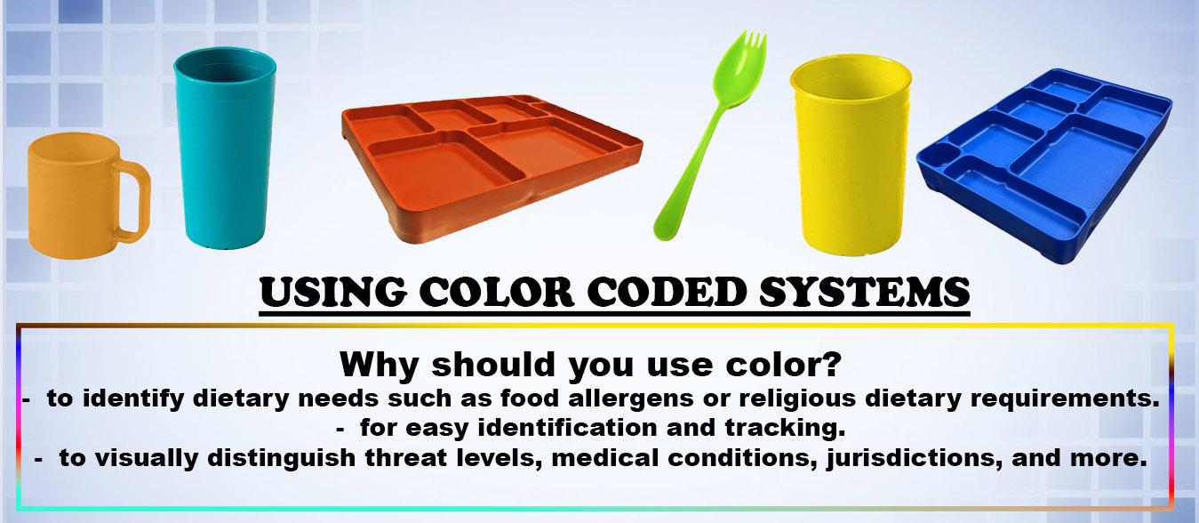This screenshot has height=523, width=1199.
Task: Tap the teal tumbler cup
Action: coord(225,148)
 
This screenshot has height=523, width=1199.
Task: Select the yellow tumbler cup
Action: coord(851,156)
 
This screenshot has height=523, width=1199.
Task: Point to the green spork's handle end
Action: coord(665,228)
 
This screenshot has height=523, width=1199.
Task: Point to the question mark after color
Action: coord(829,365)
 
